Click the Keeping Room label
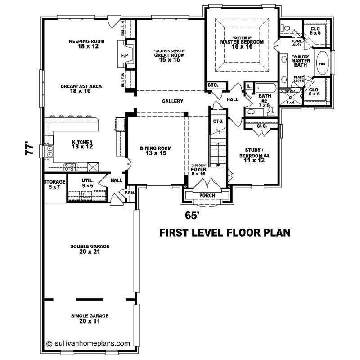[86, 44]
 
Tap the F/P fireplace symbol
[125, 55]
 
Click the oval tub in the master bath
[323, 63]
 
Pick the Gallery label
[172, 101]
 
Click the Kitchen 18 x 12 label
[82, 144]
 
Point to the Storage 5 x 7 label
[54, 184]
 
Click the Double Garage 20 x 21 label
[90, 249]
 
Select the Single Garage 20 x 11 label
[90, 318]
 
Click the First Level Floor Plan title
[225, 233]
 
